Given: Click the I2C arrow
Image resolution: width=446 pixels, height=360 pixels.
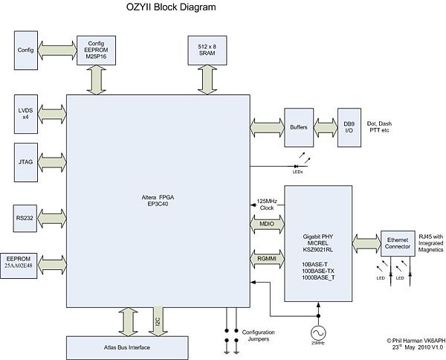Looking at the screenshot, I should pos(158,320).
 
